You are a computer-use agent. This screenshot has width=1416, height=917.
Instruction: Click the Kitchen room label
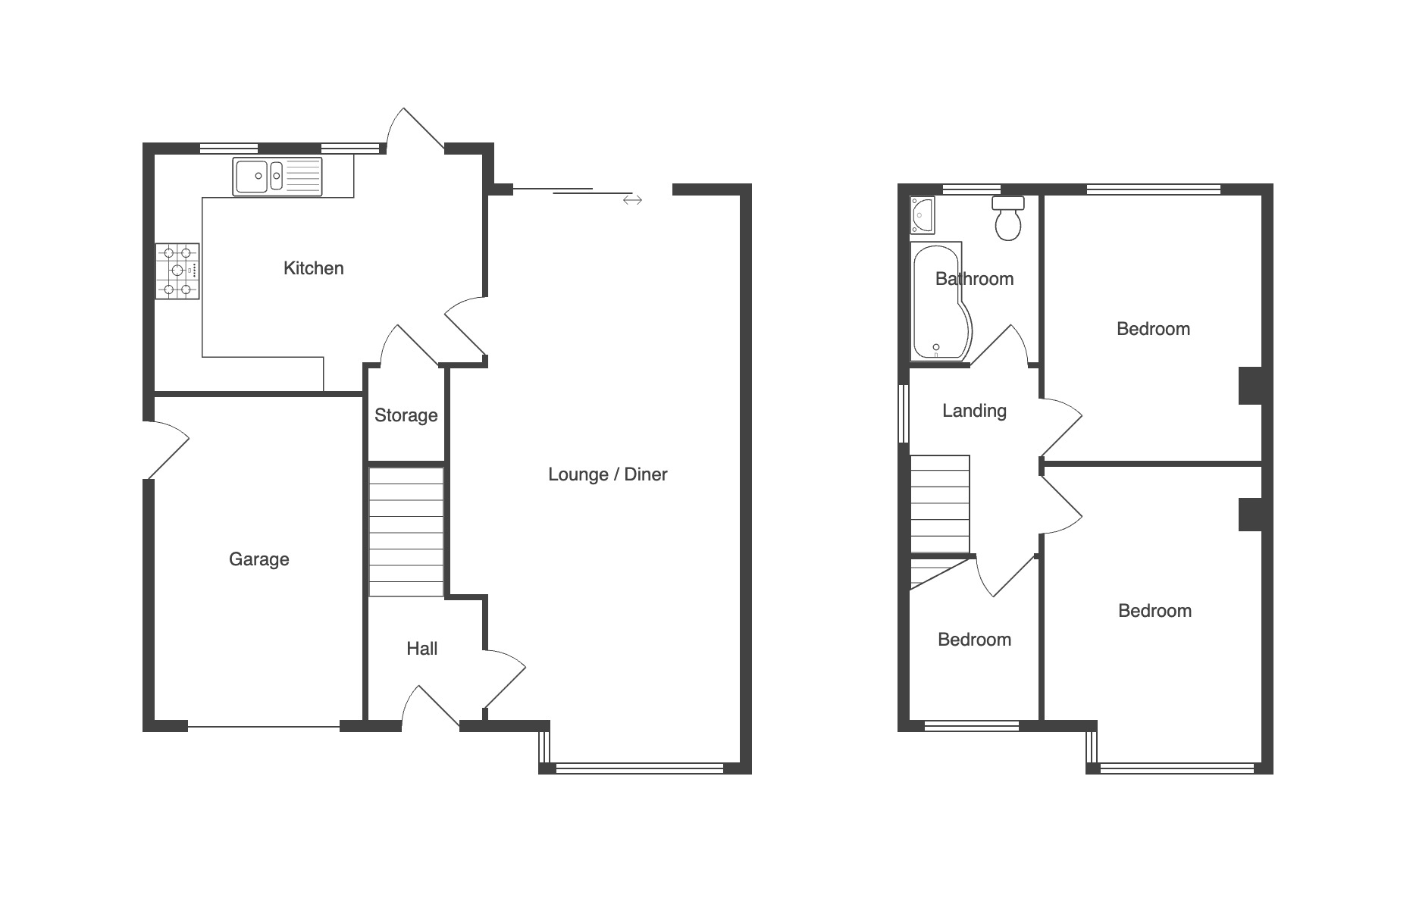[313, 268]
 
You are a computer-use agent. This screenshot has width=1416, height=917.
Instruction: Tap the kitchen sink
[277, 177]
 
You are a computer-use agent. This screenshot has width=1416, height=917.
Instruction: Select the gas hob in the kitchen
[177, 271]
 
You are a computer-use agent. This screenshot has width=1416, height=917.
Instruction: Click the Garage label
[258, 559]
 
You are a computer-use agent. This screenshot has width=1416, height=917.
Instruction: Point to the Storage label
[406, 415]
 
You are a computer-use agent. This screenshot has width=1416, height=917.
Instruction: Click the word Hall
[421, 649]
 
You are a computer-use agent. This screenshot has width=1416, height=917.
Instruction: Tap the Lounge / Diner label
[607, 474]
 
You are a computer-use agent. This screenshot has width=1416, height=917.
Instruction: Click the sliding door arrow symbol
[632, 200]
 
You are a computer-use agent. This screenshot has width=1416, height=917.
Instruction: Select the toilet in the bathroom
[1008, 218]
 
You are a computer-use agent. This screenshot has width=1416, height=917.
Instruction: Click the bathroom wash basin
[923, 215]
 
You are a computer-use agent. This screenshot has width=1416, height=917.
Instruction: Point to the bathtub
[940, 302]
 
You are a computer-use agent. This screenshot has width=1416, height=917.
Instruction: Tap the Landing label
[974, 411]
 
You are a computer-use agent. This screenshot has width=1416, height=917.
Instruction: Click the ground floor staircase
[406, 532]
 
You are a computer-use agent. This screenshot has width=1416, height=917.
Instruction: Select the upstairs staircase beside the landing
[940, 504]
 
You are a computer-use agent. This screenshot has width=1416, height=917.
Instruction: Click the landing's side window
[903, 413]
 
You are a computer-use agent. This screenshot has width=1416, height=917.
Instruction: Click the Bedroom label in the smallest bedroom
[974, 640]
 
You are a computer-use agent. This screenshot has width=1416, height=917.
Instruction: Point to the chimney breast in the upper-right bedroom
[1250, 386]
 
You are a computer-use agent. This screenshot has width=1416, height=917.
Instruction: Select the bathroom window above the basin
[971, 189]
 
